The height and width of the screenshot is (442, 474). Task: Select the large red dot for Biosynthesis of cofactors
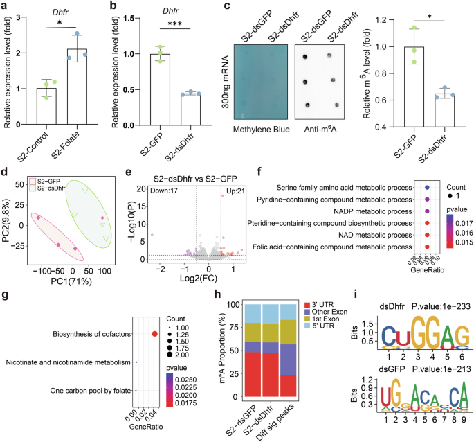(154, 334)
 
